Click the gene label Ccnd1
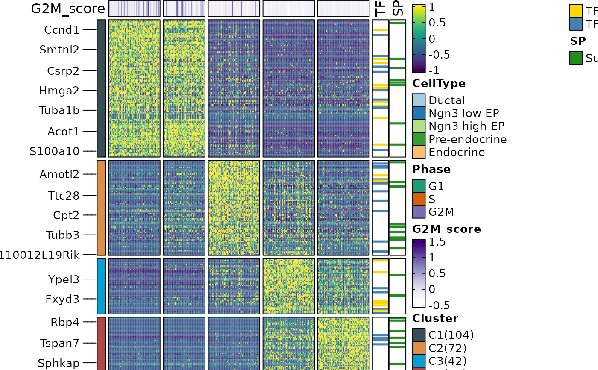click(62, 30)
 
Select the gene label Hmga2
click(59, 91)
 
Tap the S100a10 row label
click(54, 151)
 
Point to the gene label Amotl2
click(59, 174)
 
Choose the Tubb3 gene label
click(62, 235)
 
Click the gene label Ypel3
click(64, 279)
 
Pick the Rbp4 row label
click(64, 322)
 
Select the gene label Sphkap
click(59, 364)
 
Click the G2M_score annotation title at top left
click(67, 9)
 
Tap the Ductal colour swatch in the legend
click(419, 100)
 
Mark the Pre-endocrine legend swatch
click(419, 139)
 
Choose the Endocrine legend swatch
click(419, 152)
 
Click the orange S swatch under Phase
click(419, 199)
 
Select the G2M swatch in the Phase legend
click(419, 212)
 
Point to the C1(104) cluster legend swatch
click(419, 335)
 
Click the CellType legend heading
click(439, 84)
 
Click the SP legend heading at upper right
click(577, 41)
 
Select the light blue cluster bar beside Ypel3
click(101, 286)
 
